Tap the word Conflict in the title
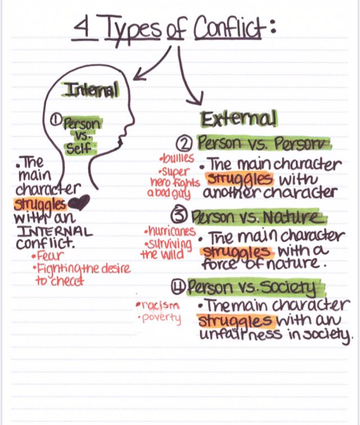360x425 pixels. [x=228, y=28]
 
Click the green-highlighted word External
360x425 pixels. [x=238, y=119]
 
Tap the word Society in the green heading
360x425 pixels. [x=295, y=288]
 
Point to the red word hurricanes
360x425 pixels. [x=169, y=231]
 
